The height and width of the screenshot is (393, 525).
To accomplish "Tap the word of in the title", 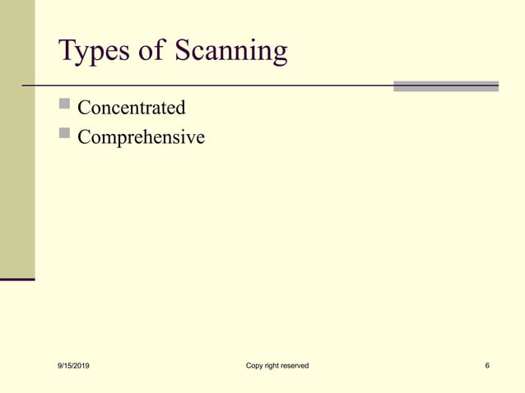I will click(x=151, y=51).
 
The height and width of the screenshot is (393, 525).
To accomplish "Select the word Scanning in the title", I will click(x=230, y=53).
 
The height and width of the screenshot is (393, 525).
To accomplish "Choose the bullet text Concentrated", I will click(x=131, y=108).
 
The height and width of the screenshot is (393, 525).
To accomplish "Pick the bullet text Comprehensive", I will click(x=141, y=137).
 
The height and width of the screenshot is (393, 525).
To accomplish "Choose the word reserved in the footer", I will click(x=295, y=365).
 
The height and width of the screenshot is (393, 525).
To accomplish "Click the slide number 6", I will click(x=488, y=365).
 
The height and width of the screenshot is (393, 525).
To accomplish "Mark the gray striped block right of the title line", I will click(x=445, y=86).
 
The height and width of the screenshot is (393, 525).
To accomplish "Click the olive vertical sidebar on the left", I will click(x=17, y=140).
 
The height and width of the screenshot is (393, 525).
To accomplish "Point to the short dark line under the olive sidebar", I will click(x=17, y=280).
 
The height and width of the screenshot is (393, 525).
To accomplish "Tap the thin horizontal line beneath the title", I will click(x=206, y=85).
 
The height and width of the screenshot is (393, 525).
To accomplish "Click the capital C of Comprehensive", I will click(x=84, y=136).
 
